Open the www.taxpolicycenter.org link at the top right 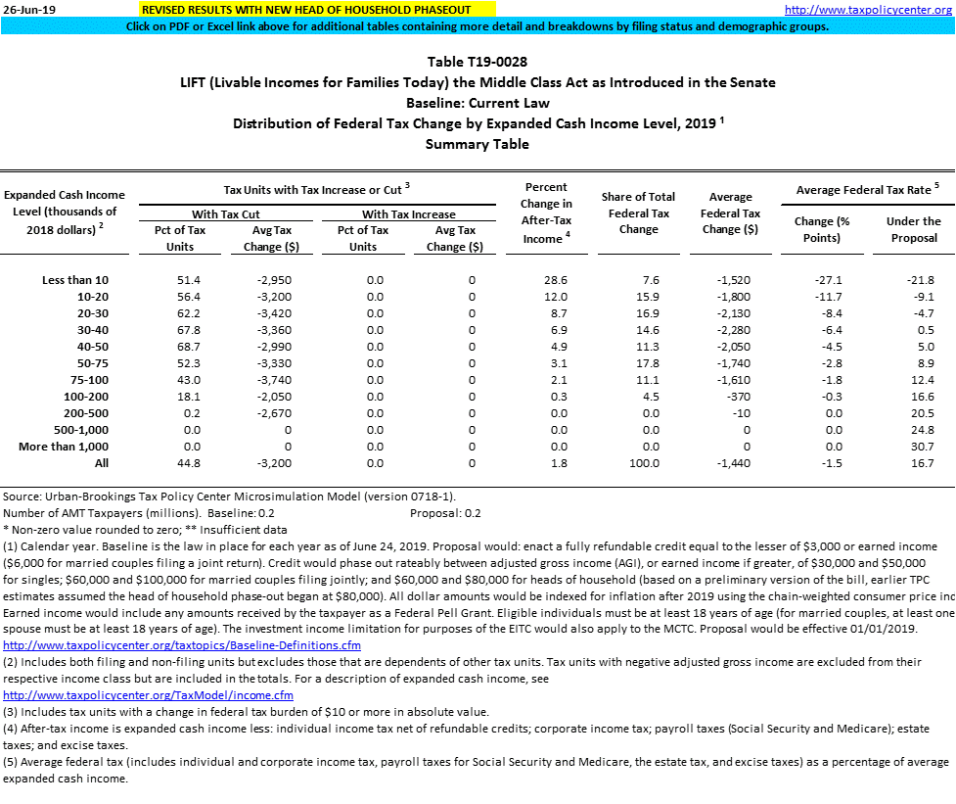click(869, 10)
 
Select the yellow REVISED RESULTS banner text click(305, 10)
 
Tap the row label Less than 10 click(70, 280)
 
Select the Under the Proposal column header click(913, 229)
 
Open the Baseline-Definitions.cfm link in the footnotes click(182, 645)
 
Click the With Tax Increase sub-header click(408, 213)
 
